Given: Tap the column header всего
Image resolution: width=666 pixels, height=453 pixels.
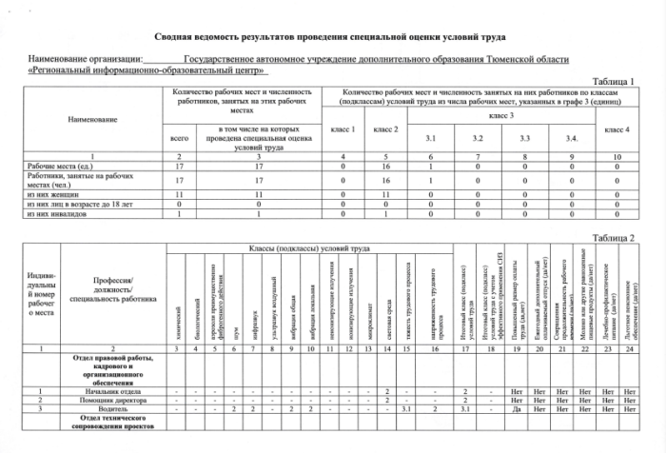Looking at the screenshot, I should (x=180, y=139).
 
